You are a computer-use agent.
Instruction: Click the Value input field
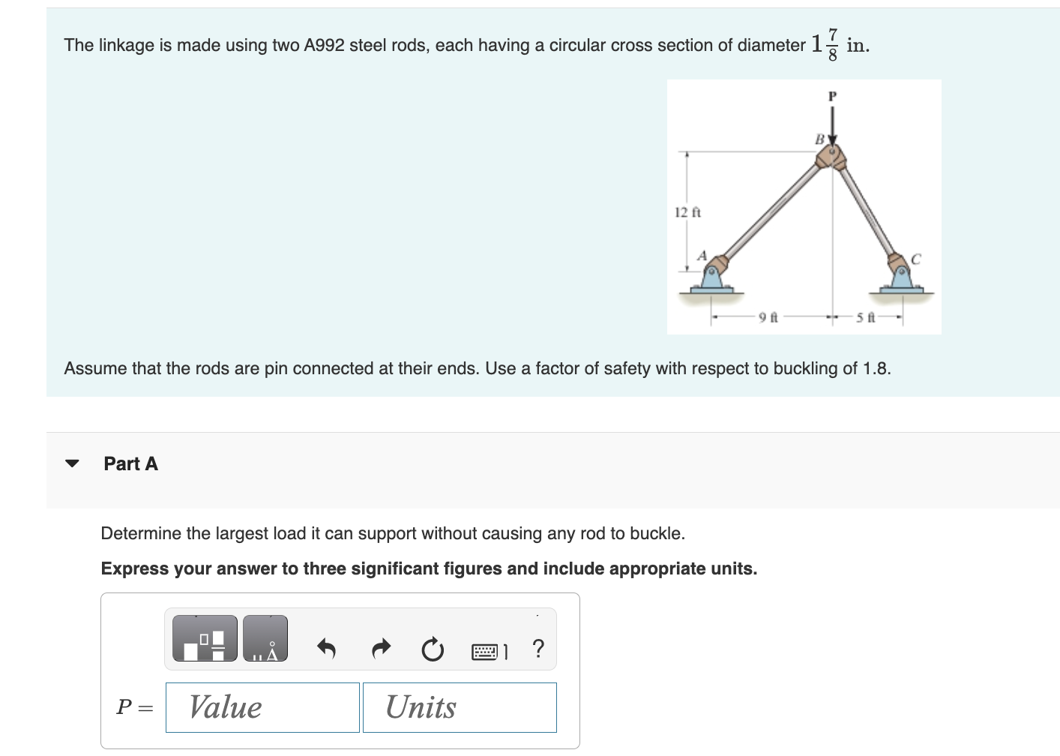(262, 707)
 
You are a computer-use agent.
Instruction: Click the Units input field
(460, 707)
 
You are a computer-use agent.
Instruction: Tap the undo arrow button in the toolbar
(326, 648)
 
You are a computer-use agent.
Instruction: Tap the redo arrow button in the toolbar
(382, 648)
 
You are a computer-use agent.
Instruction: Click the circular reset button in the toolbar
(433, 649)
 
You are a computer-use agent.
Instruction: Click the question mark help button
(537, 648)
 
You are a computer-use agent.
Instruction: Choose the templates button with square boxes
(205, 639)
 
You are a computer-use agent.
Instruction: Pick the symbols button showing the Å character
(265, 639)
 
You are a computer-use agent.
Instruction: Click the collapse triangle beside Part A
(72, 463)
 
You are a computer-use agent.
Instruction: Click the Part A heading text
(130, 463)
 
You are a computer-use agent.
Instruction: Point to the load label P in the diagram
(831, 96)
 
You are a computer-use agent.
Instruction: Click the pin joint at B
(831, 157)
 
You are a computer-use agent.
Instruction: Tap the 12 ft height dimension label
(687, 212)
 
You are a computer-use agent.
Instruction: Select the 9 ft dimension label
(768, 318)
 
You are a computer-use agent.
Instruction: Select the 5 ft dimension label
(866, 318)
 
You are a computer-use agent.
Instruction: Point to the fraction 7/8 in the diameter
(832, 45)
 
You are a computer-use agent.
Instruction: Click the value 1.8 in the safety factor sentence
(876, 368)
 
